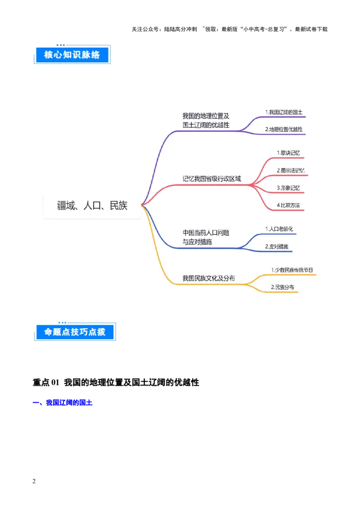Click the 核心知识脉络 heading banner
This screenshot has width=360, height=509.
tap(72, 55)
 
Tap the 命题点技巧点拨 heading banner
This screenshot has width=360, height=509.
tap(74, 332)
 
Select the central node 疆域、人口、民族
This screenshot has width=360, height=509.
tap(92, 206)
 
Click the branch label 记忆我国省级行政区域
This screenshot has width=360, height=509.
tap(211, 179)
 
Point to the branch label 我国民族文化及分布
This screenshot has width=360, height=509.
tap(208, 278)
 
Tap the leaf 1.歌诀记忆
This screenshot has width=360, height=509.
tap(288, 153)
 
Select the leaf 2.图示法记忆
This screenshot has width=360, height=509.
tap(290, 170)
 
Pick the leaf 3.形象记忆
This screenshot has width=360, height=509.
tap(288, 188)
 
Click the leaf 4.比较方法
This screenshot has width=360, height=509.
tap(288, 205)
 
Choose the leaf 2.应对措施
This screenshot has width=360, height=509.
tap(276, 246)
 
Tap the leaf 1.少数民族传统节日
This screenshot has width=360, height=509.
tap(292, 270)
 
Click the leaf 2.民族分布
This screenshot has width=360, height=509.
tap(282, 287)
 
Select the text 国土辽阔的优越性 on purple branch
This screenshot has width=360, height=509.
tap(206, 125)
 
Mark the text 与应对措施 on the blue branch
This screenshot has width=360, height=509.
tap(197, 242)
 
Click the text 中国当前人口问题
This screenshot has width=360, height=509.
tap(206, 233)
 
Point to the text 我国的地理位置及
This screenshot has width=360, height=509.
tap(206, 116)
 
